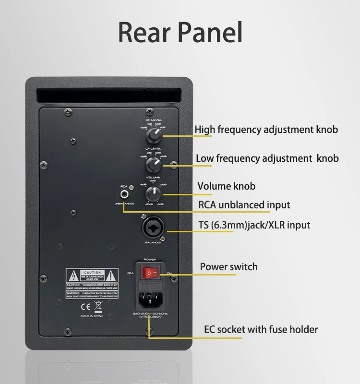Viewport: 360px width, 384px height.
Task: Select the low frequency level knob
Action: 154,166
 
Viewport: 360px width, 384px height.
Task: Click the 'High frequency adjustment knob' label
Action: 266,130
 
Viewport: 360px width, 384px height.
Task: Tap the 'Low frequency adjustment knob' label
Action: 267,158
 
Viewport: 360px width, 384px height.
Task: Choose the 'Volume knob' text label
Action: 227,186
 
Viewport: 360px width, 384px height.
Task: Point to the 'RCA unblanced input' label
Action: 244,205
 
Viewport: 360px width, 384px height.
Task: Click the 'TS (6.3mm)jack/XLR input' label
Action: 254,225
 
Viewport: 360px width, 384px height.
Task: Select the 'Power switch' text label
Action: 228,267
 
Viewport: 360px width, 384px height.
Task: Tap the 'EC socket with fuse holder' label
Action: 261,329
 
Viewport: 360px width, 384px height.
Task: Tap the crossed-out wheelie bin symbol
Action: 97,305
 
